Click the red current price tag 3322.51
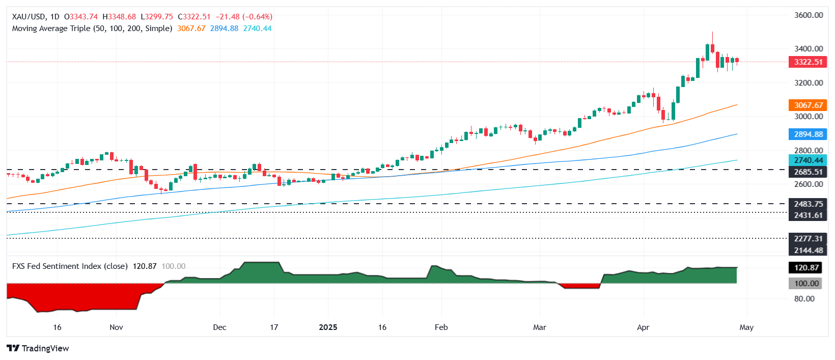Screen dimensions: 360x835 (808, 62)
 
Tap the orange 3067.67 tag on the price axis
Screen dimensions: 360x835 (808, 105)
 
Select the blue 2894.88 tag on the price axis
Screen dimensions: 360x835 (808, 134)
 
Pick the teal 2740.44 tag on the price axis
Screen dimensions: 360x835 (808, 160)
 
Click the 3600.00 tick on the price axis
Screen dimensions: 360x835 (809, 15)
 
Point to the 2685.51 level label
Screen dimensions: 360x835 (808, 172)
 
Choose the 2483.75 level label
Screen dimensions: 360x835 (808, 204)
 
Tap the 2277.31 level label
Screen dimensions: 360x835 (808, 238)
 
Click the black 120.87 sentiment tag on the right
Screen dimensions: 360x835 (806, 268)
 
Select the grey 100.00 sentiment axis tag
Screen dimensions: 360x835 (806, 284)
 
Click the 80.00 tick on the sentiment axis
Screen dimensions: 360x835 (804, 299)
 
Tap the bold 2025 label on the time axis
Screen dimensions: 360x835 (328, 327)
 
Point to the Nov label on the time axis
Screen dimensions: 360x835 (116, 327)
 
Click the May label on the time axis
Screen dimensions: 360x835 (746, 327)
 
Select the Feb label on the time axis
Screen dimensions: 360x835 (441, 327)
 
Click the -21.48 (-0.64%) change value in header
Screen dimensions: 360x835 (244, 17)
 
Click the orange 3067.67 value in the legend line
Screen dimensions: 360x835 (191, 29)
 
